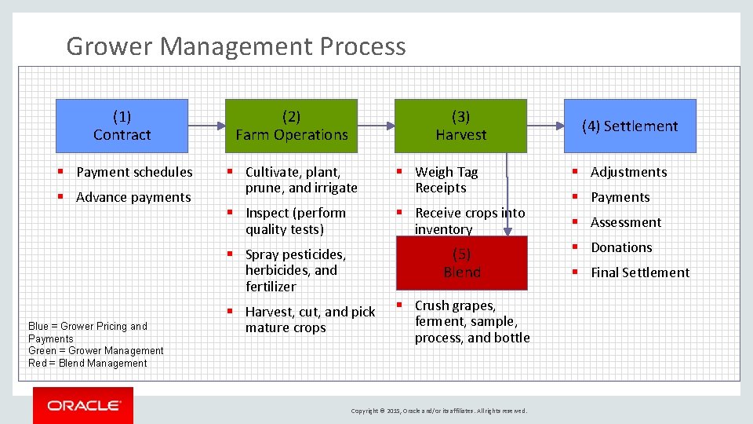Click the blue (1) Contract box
pyautogui.click(x=122, y=126)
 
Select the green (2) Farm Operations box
pyautogui.click(x=291, y=126)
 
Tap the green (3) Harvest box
pyautogui.click(x=460, y=126)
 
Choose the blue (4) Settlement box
pyautogui.click(x=630, y=126)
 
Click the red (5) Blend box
pyautogui.click(x=461, y=263)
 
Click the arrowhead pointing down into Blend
pyautogui.click(x=508, y=230)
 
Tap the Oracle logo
pyautogui.click(x=83, y=405)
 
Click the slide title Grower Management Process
pyautogui.click(x=236, y=46)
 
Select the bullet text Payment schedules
pyautogui.click(x=134, y=172)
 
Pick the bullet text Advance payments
pyautogui.click(x=133, y=197)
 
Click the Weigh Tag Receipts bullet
pyautogui.click(x=446, y=180)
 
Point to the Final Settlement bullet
pyautogui.click(x=639, y=272)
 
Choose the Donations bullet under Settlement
pyautogui.click(x=621, y=247)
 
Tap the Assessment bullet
pyautogui.click(x=626, y=222)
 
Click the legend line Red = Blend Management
pyautogui.click(x=88, y=364)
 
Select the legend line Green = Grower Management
pyautogui.click(x=96, y=351)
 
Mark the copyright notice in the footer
pyautogui.click(x=439, y=411)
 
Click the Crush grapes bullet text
pyautogui.click(x=471, y=322)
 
